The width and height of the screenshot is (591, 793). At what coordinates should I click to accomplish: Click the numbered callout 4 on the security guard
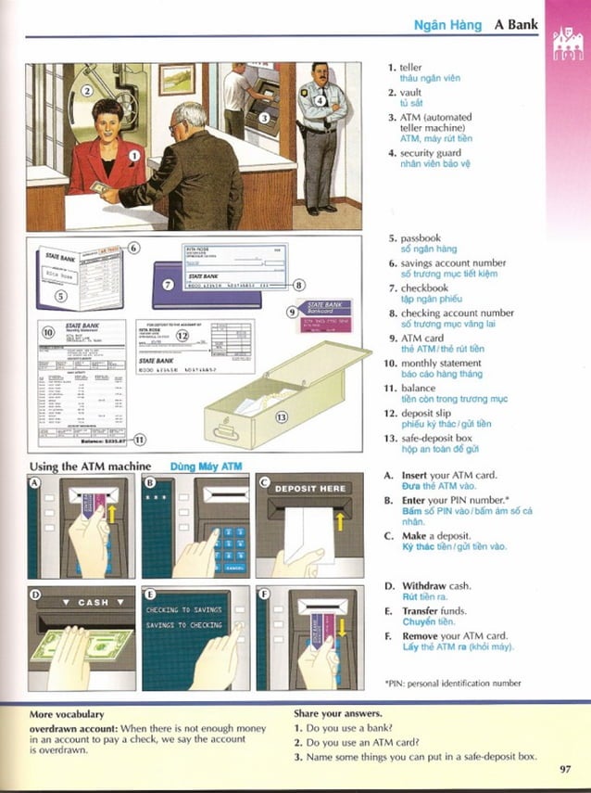(320, 101)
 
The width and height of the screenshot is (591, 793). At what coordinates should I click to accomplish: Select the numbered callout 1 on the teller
(133, 157)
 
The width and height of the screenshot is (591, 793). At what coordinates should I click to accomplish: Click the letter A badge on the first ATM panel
(35, 483)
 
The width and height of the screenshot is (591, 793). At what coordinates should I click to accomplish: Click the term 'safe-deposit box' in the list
(436, 437)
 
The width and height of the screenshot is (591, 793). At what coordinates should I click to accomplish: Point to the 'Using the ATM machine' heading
(90, 466)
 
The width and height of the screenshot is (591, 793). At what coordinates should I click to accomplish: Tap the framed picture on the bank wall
(176, 80)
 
